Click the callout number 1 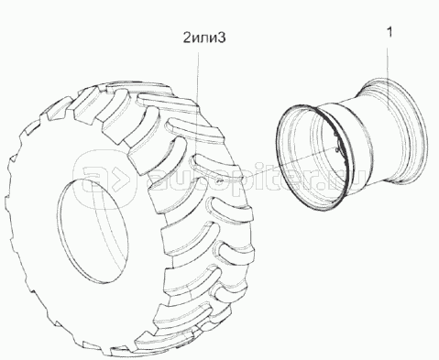pos(389,32)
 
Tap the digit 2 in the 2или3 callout pos(187,38)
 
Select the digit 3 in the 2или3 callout pos(222,38)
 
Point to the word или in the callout pos(204,39)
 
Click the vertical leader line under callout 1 pos(389,91)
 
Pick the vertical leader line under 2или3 pos(199,100)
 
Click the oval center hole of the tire pos(92,230)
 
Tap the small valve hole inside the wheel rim pos(337,149)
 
